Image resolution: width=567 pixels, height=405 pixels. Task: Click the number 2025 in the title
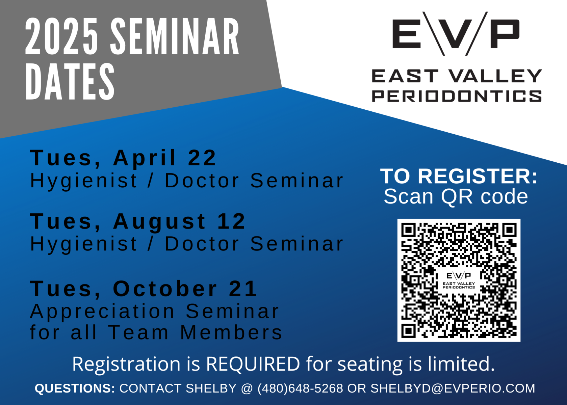[61, 36]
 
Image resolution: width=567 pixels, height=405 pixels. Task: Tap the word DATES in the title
[70, 81]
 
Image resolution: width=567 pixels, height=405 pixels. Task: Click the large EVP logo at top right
[456, 34]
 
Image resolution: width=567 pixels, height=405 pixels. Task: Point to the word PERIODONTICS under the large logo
[457, 96]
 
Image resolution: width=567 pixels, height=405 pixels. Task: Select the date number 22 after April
[202, 158]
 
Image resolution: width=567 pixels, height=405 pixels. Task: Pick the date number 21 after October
[243, 289]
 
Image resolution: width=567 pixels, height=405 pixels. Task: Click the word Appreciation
[102, 312]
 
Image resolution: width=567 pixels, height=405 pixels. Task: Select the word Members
[231, 332]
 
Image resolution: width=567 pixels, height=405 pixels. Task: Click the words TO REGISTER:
[459, 176]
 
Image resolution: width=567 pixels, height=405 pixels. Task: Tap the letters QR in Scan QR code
[457, 197]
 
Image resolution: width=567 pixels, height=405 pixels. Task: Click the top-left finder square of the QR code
[409, 230]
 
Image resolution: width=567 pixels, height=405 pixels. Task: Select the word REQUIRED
[253, 364]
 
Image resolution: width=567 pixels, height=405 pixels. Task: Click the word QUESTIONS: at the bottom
[75, 388]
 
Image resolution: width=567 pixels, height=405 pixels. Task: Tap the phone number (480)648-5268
[300, 388]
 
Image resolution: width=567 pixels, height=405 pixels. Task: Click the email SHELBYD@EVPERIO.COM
[453, 388]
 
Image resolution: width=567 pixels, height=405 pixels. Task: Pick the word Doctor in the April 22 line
[202, 181]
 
